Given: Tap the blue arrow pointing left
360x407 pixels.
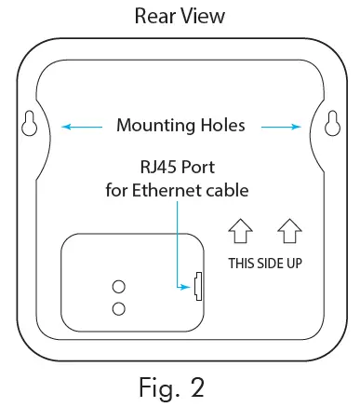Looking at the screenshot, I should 81,125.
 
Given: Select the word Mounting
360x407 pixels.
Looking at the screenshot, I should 156,125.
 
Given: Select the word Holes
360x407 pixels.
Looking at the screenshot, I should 224,125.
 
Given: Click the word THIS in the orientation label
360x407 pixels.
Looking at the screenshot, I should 245,263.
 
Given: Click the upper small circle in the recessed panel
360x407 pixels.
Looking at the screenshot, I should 119,286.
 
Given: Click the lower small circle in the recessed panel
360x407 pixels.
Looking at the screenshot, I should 119,308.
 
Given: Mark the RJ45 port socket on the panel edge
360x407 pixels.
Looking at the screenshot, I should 197,287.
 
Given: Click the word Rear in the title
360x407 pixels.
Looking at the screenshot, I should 155,17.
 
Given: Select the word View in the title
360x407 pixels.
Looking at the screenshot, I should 205,17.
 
